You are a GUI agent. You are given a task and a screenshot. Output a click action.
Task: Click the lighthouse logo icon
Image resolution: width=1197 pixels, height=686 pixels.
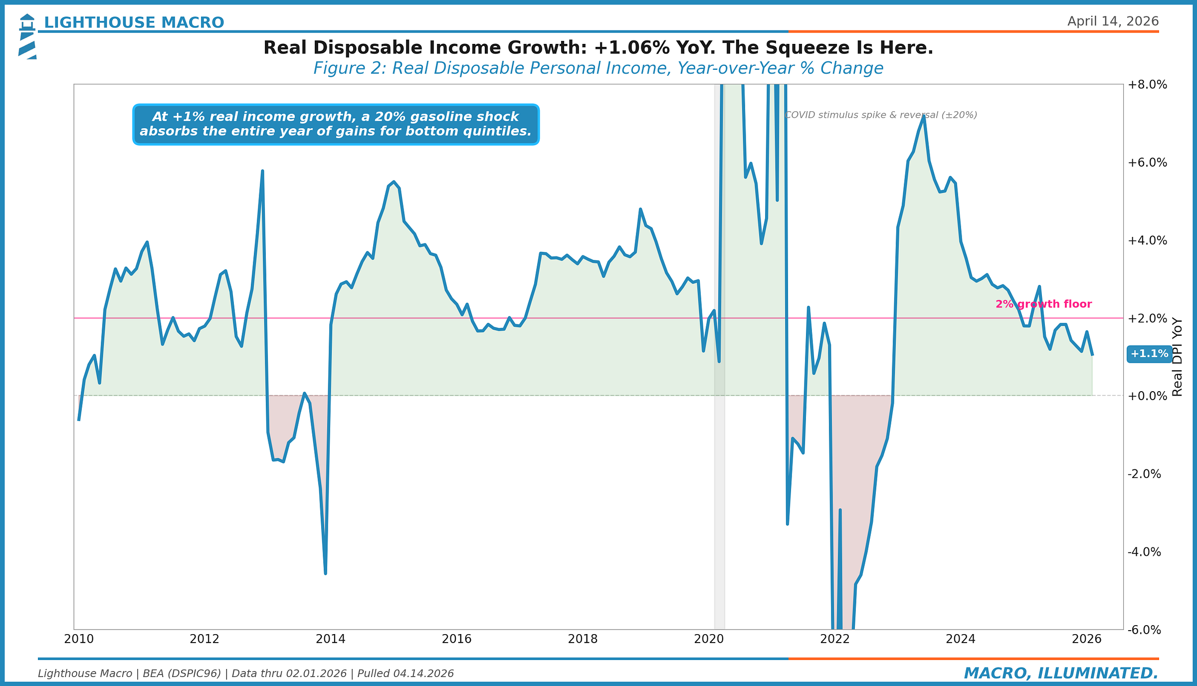(x=27, y=36)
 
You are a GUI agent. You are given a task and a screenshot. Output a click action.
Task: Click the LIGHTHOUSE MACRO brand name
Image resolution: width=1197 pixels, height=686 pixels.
(x=134, y=22)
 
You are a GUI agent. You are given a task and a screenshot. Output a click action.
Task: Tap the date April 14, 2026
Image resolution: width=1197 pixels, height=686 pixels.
(x=1113, y=21)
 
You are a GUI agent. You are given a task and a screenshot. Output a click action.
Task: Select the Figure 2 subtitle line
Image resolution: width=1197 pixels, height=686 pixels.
(x=598, y=68)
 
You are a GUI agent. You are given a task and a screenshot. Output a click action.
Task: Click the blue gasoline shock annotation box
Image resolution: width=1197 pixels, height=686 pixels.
(x=336, y=124)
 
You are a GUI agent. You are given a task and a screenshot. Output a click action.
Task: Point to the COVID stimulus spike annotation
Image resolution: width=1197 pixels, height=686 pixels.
(x=881, y=115)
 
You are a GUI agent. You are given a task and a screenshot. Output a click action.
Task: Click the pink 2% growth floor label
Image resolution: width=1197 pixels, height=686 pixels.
(x=1043, y=304)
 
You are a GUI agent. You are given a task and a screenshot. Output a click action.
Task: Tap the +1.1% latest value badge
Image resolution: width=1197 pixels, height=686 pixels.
(x=1149, y=354)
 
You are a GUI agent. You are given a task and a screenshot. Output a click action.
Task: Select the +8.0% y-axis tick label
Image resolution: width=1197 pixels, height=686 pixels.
(x=1147, y=85)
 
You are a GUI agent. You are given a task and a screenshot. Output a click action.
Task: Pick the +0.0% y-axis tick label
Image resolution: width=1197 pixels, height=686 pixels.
(x=1147, y=396)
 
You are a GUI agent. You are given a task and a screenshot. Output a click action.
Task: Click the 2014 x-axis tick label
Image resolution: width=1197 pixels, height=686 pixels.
(x=331, y=639)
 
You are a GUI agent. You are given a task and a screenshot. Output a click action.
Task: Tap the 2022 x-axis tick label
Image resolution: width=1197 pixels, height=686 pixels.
(x=834, y=639)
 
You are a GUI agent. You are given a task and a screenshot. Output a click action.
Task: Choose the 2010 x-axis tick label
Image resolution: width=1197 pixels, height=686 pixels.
(x=79, y=639)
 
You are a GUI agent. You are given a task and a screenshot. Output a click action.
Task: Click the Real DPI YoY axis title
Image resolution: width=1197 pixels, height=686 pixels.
(x=1178, y=357)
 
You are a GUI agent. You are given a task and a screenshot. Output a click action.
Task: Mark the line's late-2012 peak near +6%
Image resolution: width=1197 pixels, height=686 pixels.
(x=262, y=171)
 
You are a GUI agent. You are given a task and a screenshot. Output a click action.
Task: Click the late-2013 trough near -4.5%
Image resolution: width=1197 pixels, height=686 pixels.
(x=325, y=573)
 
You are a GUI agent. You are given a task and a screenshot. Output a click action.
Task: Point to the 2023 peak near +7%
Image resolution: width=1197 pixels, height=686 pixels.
(x=924, y=116)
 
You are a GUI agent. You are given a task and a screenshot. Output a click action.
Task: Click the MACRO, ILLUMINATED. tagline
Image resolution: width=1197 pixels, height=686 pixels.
(x=1061, y=673)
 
